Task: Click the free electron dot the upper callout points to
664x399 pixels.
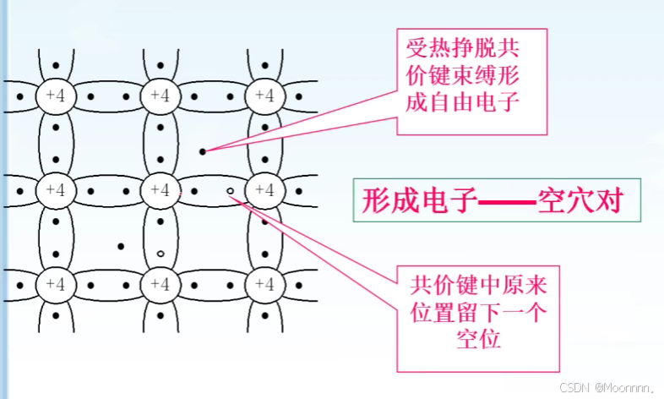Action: pos(203,151)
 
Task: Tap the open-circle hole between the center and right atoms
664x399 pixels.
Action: pos(230,191)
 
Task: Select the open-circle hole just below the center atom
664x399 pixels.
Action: pos(161,253)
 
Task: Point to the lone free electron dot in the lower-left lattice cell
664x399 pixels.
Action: pos(121,246)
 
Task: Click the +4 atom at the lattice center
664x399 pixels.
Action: pos(161,189)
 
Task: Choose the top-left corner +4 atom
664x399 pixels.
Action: pos(55,96)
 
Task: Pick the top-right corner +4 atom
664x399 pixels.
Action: pos(264,96)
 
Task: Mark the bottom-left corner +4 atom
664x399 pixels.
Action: pos(55,281)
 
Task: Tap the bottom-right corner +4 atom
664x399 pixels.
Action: pos(264,281)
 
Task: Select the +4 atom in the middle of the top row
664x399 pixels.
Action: pos(161,96)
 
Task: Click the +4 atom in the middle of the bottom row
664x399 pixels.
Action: pos(161,281)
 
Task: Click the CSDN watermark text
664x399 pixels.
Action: pos(574,388)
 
